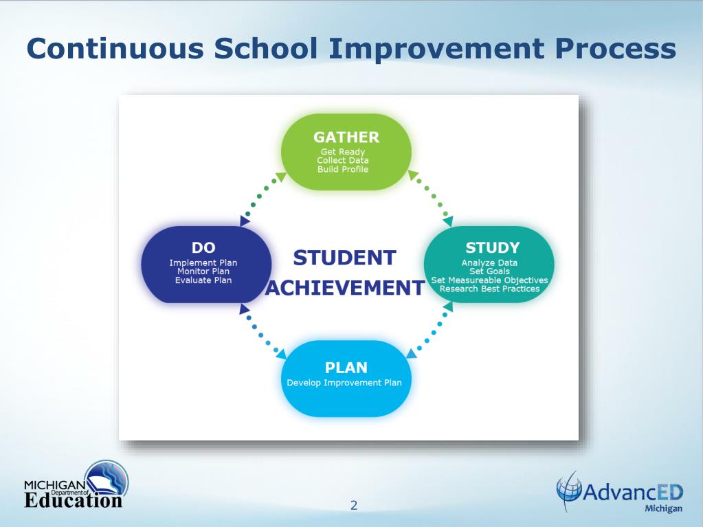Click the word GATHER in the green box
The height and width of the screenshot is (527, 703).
346,137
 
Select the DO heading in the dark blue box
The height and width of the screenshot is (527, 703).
203,247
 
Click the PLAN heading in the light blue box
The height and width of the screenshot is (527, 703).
346,367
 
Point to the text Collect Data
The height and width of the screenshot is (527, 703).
343,161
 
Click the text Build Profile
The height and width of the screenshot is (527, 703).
343,170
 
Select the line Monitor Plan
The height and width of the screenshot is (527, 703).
203,271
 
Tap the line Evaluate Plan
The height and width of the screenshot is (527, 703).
203,280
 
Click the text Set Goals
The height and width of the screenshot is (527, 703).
489,271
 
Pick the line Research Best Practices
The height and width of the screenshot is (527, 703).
489,289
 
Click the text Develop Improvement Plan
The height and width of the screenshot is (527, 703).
344,383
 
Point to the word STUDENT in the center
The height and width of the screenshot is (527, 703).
344,258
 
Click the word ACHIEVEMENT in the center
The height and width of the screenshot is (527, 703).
344,288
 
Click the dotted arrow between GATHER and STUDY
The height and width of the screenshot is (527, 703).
431,195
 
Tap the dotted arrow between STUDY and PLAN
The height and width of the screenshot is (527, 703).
431,333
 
